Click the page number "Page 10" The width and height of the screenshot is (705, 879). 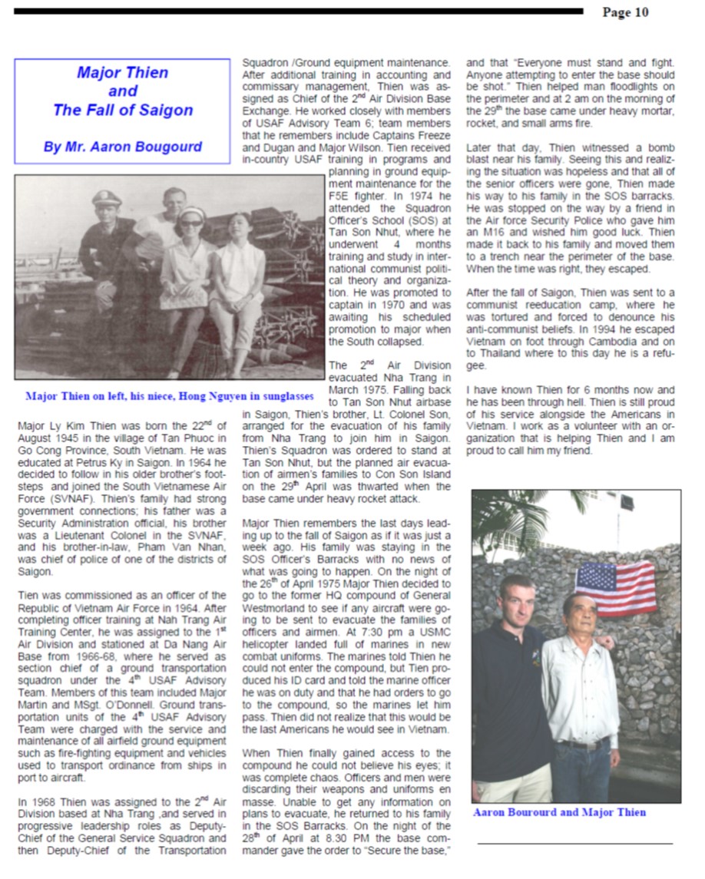[625, 12]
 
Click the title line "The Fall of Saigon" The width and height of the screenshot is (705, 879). [123, 110]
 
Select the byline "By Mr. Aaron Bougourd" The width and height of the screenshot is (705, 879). [122, 147]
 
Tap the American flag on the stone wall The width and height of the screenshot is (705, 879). [615, 587]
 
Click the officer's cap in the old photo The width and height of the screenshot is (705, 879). [107, 198]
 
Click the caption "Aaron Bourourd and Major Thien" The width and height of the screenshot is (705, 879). [559, 812]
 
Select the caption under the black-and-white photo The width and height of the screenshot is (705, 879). [170, 396]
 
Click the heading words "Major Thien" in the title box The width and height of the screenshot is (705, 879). [123, 73]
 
